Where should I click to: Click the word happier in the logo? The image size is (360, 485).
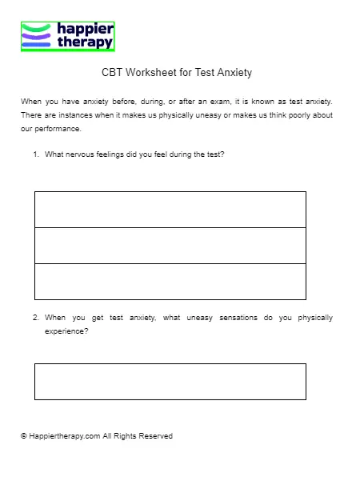[x=85, y=29]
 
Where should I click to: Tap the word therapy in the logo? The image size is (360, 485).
[x=85, y=42]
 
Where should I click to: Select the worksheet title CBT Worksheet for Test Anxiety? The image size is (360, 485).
[x=177, y=73]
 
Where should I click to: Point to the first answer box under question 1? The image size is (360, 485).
[x=170, y=210]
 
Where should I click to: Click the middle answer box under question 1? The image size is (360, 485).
[x=170, y=246]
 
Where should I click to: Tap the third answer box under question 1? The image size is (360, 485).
[x=170, y=282]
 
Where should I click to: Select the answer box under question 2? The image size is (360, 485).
[x=170, y=382]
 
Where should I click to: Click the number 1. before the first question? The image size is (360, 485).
[x=36, y=154]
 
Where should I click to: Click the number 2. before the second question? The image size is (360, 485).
[x=36, y=318]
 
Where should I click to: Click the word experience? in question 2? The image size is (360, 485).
[x=67, y=331]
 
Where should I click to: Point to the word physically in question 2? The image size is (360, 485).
[x=315, y=318]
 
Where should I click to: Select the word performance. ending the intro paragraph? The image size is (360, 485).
[x=58, y=128]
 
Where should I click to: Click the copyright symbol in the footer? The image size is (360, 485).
[x=24, y=436]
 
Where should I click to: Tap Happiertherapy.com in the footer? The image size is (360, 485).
[x=64, y=436]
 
